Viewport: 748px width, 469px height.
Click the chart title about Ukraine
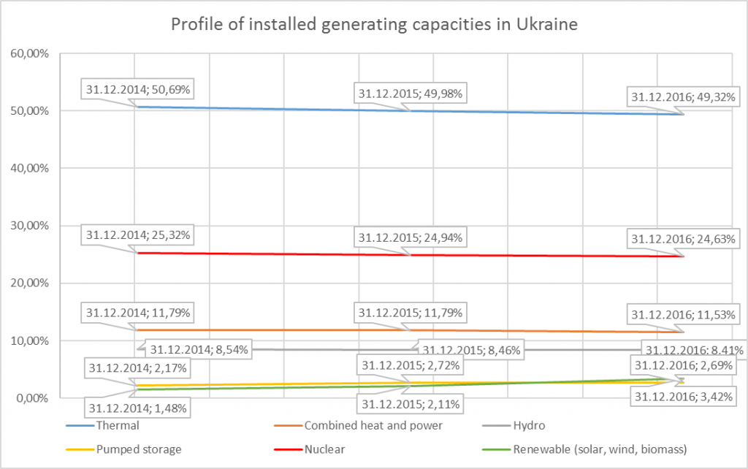click(x=374, y=25)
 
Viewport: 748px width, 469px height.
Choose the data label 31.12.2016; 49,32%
click(x=684, y=96)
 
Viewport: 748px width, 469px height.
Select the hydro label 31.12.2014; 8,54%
click(x=199, y=349)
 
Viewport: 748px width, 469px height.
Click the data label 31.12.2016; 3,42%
click(x=684, y=397)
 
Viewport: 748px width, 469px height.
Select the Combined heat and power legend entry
click(x=373, y=424)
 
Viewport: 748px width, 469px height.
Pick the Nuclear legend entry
click(x=324, y=449)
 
